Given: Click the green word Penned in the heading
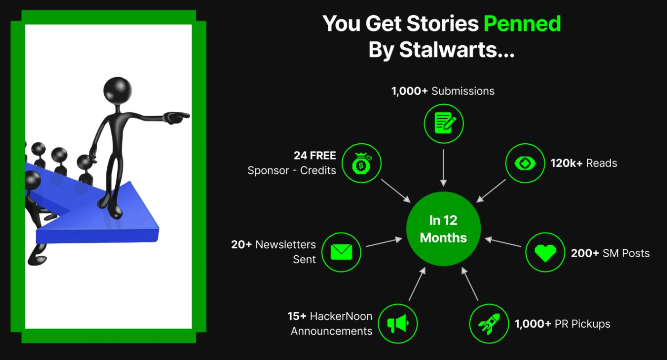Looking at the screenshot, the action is (522, 23).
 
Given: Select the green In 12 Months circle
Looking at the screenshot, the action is (444, 229).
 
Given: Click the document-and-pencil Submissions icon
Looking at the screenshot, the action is (444, 123).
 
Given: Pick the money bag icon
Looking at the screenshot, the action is (362, 163).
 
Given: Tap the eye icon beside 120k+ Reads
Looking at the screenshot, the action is (525, 163).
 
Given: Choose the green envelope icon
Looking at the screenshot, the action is (341, 252).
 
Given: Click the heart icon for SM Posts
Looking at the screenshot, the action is (545, 252).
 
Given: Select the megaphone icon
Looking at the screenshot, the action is (398, 323).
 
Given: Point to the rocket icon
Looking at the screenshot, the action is (489, 323).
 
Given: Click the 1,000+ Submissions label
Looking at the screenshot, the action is (443, 91).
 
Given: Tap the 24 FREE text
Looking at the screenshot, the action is (315, 155).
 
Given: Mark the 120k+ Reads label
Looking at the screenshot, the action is (584, 163).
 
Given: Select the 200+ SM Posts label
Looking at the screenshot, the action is (610, 253).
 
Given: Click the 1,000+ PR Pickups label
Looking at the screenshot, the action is (563, 324).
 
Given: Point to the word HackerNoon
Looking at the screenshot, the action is (341, 316).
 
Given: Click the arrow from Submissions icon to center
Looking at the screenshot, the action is (444, 168).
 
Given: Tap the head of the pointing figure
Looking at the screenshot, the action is (118, 90).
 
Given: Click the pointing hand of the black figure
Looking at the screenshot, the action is (176, 117).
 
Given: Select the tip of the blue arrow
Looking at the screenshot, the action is (159, 228).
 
